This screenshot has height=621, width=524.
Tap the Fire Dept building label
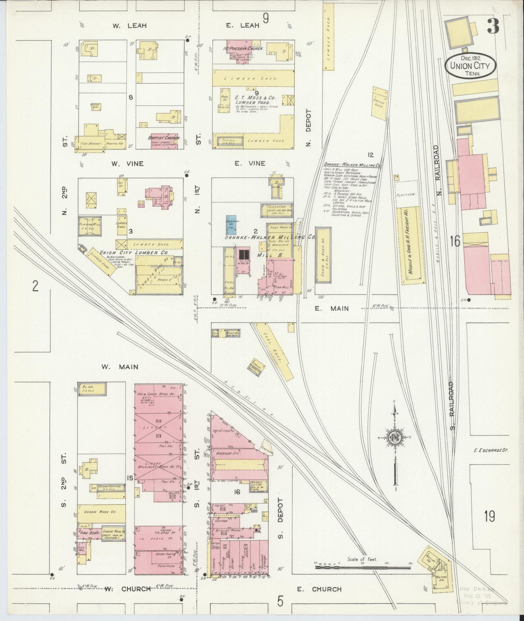tap(86, 533)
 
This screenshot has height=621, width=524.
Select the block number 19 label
tap(489, 516)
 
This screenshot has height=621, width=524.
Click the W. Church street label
tap(127, 589)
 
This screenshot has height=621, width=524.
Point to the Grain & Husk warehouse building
tap(323, 260)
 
